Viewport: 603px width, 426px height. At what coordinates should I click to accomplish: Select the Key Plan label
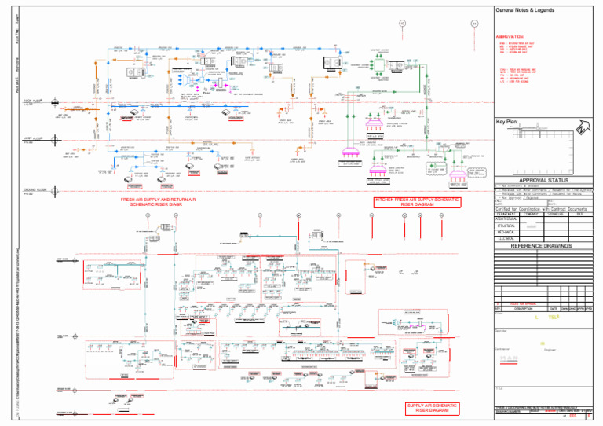click(506, 122)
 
